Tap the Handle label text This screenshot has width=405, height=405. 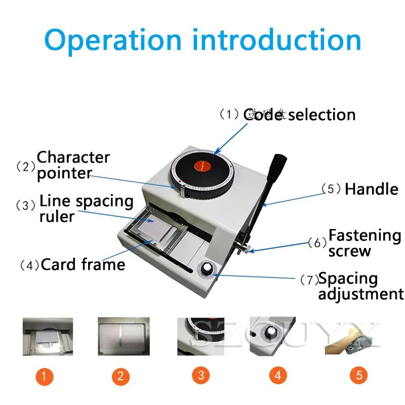point(371,189)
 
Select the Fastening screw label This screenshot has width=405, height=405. point(364,243)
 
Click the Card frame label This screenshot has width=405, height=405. point(83,265)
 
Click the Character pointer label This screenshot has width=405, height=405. point(73,165)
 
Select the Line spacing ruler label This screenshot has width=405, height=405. point(86,208)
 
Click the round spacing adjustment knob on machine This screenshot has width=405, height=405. point(207,269)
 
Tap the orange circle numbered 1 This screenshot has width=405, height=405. point(45,376)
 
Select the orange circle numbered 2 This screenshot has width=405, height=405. point(120,376)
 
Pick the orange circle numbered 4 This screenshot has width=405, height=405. point(277,376)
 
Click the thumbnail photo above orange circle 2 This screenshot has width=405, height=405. point(124,336)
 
